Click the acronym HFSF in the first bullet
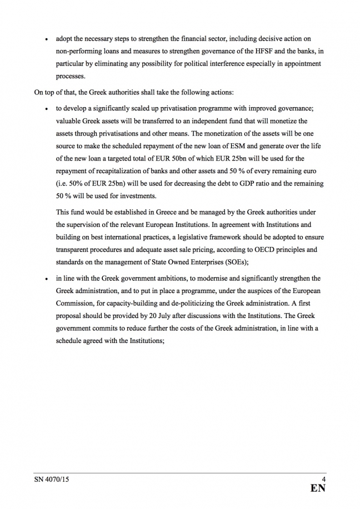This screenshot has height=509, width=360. point(256,52)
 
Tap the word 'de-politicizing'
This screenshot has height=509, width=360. point(186,303)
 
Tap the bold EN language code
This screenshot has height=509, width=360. point(318,488)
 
